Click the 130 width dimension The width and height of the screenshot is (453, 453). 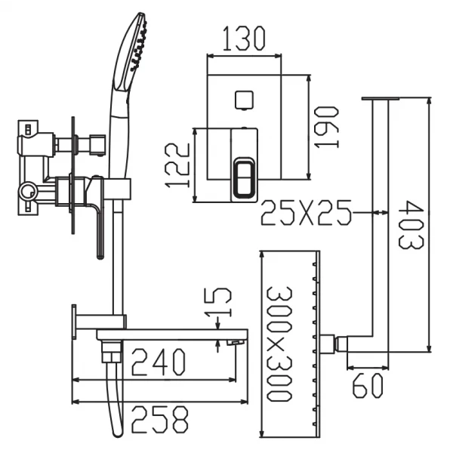244,39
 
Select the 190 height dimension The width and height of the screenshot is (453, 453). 326,127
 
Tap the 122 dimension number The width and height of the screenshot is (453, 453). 177,165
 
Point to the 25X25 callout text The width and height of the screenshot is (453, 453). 307,213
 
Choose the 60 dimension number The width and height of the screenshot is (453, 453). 368,386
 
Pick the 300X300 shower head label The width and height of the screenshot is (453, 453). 279,344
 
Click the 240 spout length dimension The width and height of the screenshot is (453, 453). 159,362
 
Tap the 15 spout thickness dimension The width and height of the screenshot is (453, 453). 217,303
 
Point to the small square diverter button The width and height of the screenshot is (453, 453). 244,100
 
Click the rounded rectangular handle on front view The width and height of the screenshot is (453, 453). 244,178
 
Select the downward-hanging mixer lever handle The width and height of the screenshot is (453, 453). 97,217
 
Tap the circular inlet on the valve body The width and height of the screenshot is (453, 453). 27,191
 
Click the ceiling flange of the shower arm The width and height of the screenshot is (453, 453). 381,98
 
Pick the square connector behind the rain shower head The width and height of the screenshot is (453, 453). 328,344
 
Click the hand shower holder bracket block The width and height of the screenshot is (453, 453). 117,189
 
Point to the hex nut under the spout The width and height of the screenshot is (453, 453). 112,352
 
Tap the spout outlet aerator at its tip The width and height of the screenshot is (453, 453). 236,343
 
